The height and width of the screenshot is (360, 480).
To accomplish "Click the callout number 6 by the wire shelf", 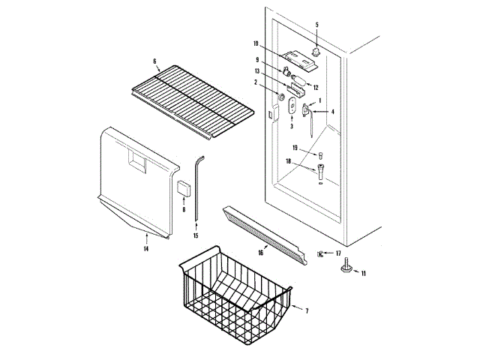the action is [x=154, y=61].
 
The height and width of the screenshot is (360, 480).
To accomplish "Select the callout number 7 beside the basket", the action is [x=306, y=309].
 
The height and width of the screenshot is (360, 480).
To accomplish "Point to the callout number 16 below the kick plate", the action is [x=260, y=253].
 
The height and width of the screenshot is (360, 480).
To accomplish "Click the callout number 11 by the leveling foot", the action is [x=364, y=274].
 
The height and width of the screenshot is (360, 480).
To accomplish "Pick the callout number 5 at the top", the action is [x=316, y=25].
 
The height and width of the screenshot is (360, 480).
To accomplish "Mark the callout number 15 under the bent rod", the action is [x=196, y=235].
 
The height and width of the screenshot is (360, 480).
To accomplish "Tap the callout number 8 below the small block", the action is [x=184, y=209].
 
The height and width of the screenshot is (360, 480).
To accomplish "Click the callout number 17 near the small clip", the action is [x=337, y=253].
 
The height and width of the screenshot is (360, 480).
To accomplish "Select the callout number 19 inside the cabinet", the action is [x=295, y=148].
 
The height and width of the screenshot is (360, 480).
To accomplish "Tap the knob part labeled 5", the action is [x=316, y=50].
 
